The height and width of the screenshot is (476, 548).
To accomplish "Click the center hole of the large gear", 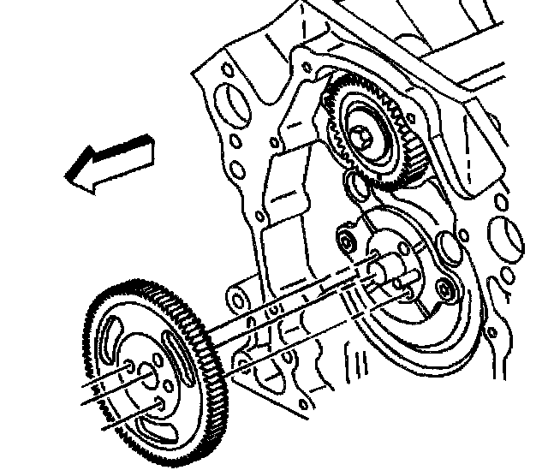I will click(x=143, y=371).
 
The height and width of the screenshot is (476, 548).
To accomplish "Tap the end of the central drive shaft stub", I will click(x=378, y=267).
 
